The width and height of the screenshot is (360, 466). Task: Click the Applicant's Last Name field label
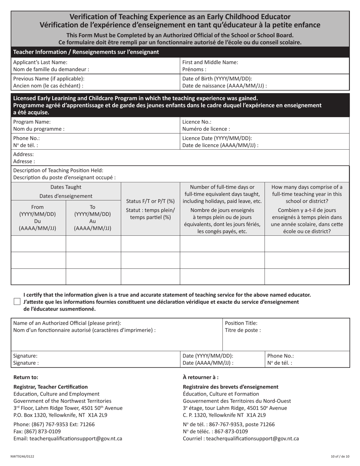click(x=40, y=62)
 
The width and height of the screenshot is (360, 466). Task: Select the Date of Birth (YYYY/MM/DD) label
click(x=217, y=78)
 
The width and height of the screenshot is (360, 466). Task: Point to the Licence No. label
click(x=197, y=122)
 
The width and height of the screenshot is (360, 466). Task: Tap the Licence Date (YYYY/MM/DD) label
click(x=217, y=138)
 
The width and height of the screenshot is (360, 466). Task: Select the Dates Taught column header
click(x=66, y=187)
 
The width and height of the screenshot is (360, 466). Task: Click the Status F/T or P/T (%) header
click(x=150, y=201)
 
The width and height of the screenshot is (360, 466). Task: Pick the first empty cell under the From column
click(x=38, y=244)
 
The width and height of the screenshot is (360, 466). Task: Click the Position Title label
click(x=241, y=323)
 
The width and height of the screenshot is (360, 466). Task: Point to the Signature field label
click(x=25, y=356)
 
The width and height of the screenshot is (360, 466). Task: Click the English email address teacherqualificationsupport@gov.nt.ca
click(x=68, y=439)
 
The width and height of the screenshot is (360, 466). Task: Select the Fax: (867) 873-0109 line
click(x=37, y=432)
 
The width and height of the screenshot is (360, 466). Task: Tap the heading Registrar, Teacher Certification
click(x=50, y=387)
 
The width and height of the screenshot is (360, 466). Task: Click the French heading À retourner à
click(x=200, y=377)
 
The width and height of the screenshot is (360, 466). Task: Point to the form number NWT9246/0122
click(x=22, y=457)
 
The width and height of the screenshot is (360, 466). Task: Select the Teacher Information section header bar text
click(x=86, y=52)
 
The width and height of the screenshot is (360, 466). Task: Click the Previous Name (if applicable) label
click(x=49, y=78)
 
